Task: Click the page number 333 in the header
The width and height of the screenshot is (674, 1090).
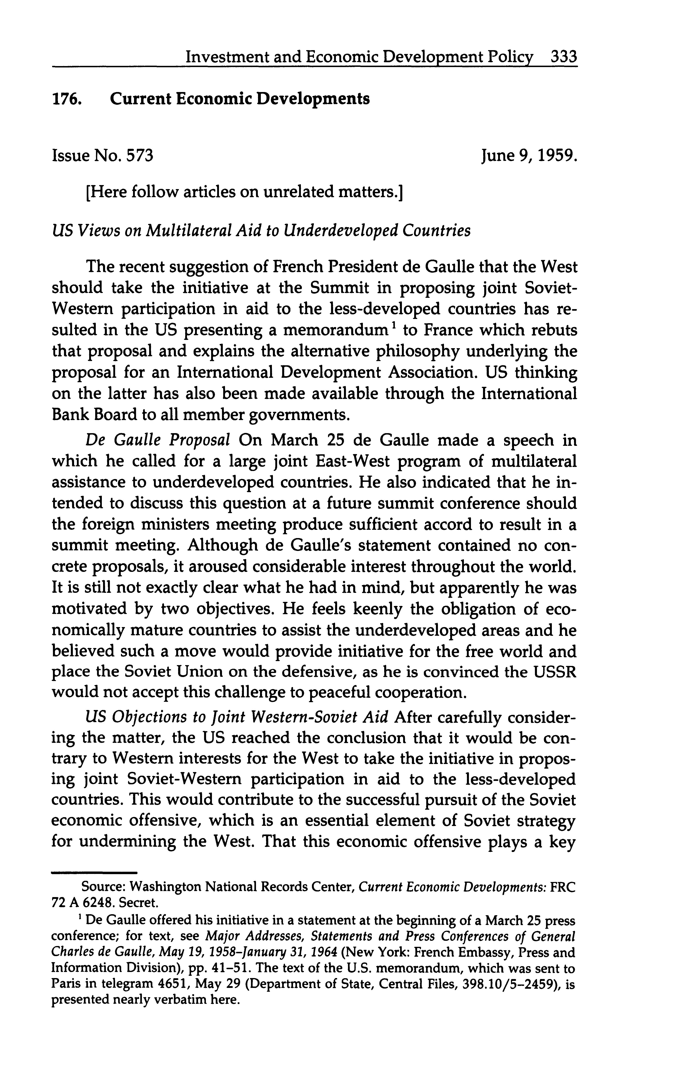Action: coord(564,57)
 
